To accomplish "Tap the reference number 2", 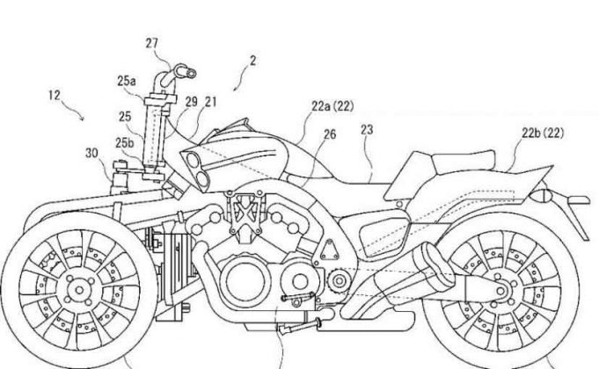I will click(x=252, y=62).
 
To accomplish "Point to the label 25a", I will click(x=127, y=81).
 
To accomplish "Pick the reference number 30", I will click(x=92, y=152).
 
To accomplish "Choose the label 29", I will click(x=191, y=103).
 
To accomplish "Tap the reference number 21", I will click(x=210, y=103).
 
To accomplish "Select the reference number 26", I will click(x=330, y=134).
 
